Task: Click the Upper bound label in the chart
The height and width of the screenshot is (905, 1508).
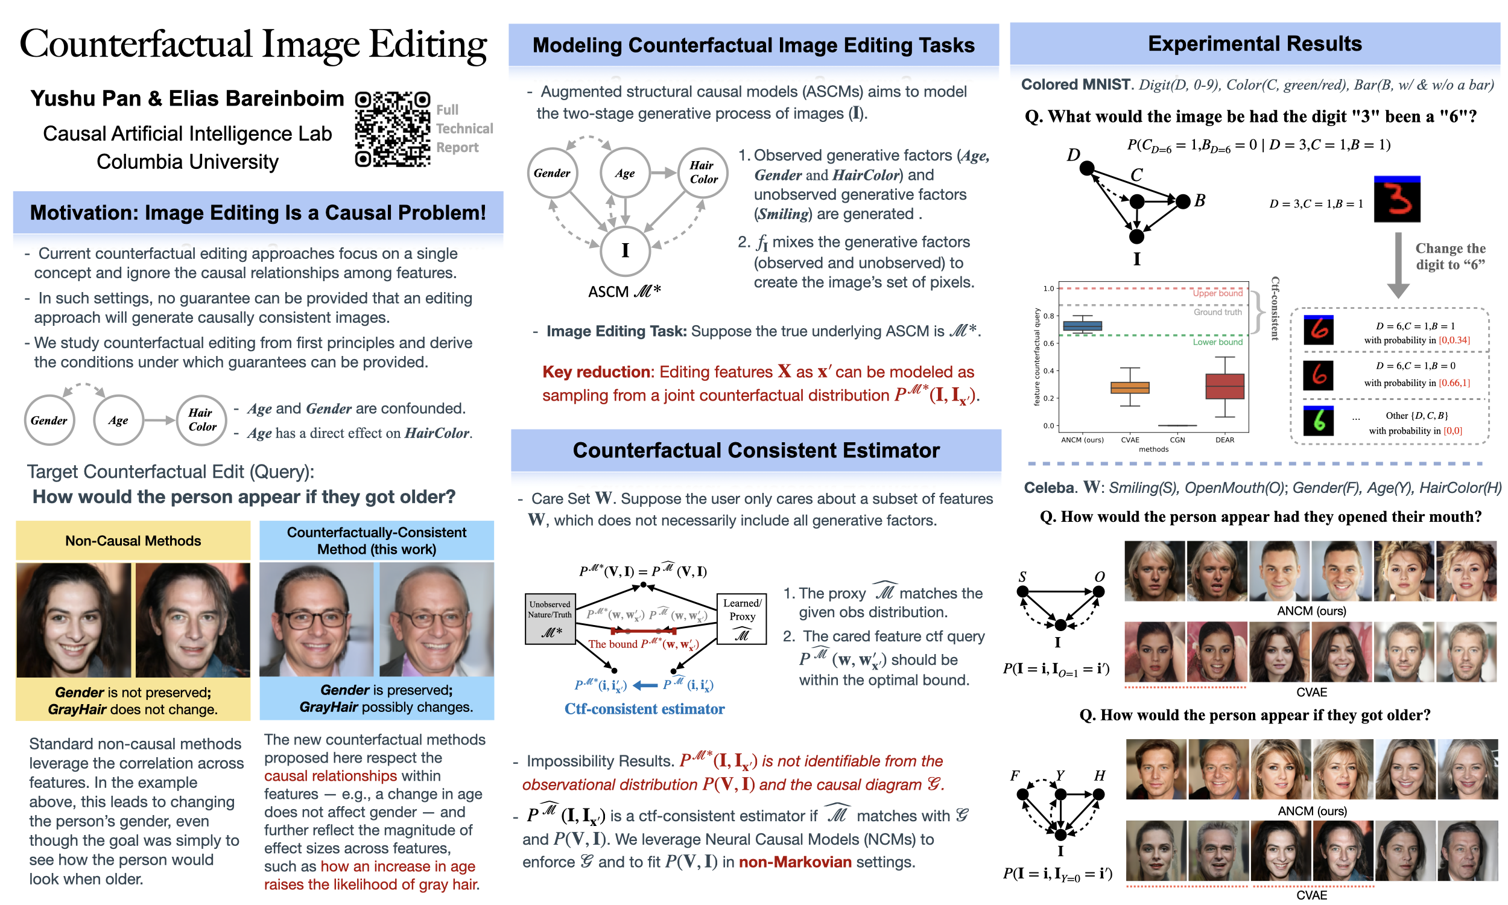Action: pyautogui.click(x=1217, y=293)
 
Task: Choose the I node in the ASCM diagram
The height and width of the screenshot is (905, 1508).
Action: pyautogui.click(x=625, y=250)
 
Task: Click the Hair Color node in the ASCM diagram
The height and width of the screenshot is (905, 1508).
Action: pyautogui.click(x=703, y=173)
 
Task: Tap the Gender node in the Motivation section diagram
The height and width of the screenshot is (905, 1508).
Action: pyautogui.click(x=49, y=420)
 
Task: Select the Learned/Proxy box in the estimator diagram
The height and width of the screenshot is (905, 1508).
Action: pyautogui.click(x=741, y=619)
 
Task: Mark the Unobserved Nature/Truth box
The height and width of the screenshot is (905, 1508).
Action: pyautogui.click(x=550, y=619)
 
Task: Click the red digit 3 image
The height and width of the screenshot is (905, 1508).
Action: pyautogui.click(x=1396, y=200)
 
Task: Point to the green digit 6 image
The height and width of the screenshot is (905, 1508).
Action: pyautogui.click(x=1318, y=421)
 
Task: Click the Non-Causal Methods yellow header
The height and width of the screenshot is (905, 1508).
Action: pyautogui.click(x=133, y=541)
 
